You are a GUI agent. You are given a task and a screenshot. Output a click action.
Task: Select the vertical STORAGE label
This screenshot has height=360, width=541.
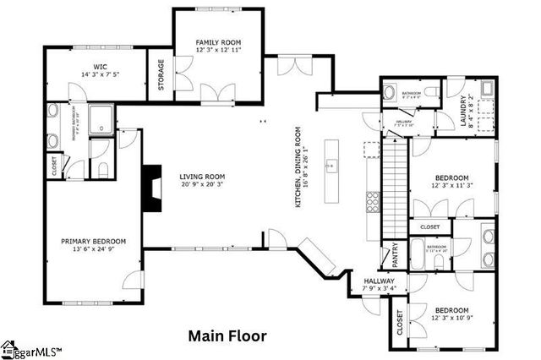point(161,74)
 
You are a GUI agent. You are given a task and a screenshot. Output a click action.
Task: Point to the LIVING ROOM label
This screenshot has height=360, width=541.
point(201,177)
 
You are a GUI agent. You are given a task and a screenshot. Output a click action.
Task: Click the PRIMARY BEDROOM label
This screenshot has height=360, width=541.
point(93,241)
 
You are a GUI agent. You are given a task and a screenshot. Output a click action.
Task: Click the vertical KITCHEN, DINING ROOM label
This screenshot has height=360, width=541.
point(298,169)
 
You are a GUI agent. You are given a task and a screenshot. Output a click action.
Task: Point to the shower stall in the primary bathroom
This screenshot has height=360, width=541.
point(102,118)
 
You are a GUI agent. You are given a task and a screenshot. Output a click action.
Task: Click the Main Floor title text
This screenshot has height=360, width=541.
point(227,335)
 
